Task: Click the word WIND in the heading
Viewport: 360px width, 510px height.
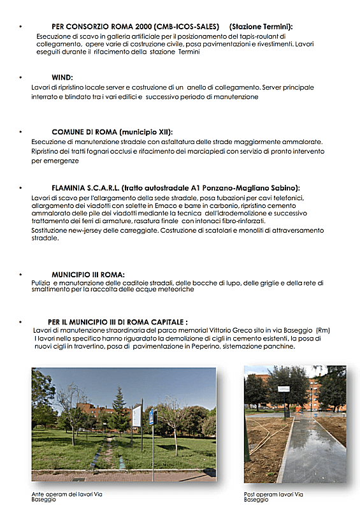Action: click(x=62, y=77)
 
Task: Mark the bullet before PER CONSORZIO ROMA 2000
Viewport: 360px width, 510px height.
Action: click(x=21, y=27)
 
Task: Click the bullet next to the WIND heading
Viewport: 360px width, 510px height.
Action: click(x=21, y=77)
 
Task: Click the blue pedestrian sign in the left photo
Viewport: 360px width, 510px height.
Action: click(x=151, y=418)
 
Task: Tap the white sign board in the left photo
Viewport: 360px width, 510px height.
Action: click(x=136, y=415)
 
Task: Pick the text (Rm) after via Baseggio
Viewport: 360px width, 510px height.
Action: click(x=322, y=330)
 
